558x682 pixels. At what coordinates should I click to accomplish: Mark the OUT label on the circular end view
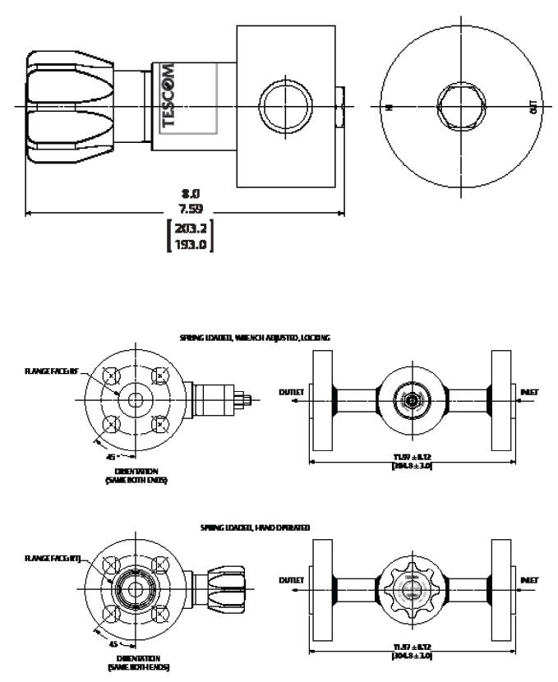[535, 107]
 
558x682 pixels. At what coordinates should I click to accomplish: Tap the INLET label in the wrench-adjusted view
[529, 392]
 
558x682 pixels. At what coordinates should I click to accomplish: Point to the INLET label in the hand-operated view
[529, 579]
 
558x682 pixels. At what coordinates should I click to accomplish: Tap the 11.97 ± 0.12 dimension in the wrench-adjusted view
[412, 458]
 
